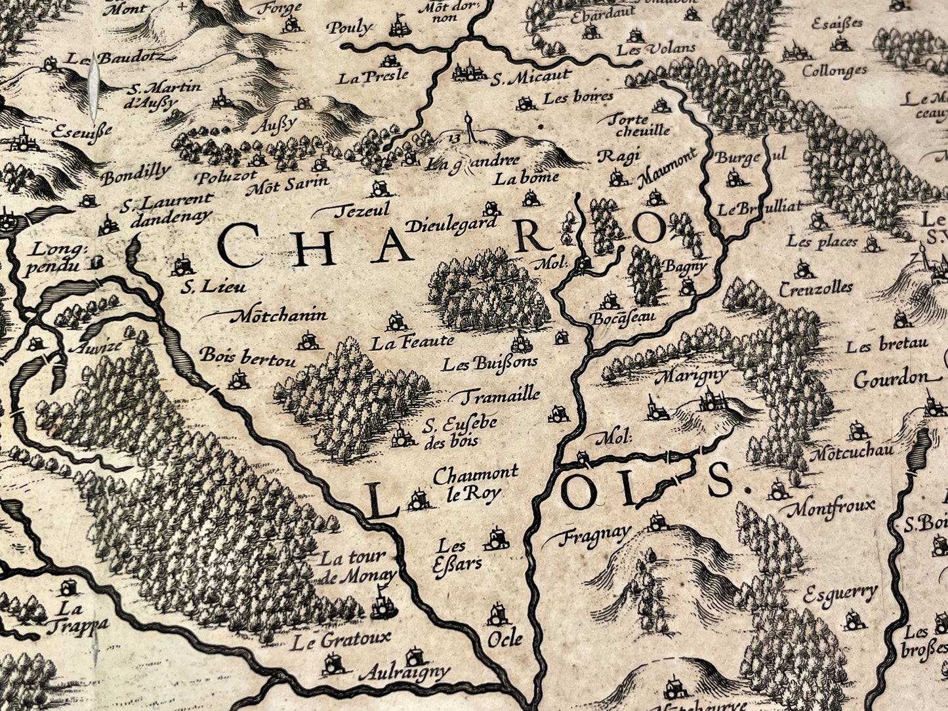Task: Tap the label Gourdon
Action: (891, 379)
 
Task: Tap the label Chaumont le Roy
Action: (474, 482)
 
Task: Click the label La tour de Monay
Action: (358, 567)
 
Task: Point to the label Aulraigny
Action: (405, 672)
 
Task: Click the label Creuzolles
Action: (816, 288)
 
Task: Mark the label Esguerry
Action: (840, 594)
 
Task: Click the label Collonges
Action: (835, 70)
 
